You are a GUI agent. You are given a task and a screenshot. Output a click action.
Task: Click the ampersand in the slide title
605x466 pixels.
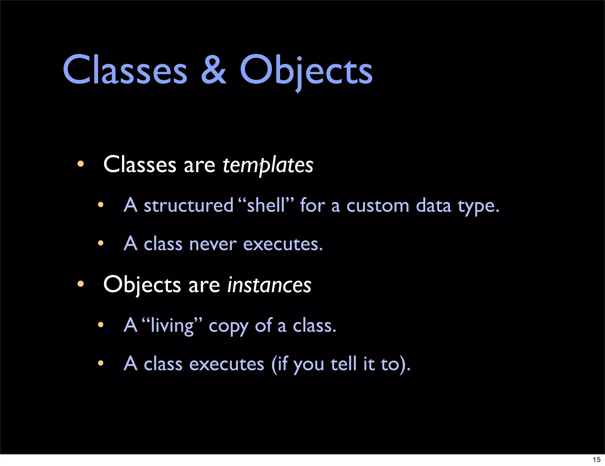click(x=214, y=70)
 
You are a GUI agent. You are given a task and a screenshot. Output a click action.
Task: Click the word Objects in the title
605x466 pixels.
click(x=306, y=71)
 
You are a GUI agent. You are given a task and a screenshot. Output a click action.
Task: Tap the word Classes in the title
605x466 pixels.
click(x=125, y=70)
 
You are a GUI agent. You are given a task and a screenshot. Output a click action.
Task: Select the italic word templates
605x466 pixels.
click(x=268, y=165)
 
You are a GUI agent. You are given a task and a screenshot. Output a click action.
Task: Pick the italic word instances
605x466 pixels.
click(x=269, y=285)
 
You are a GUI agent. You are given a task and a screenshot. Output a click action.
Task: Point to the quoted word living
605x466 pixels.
click(x=172, y=325)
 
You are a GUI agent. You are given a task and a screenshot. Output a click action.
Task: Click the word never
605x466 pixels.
click(x=213, y=244)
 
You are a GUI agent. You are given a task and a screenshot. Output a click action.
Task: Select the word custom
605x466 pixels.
click(x=378, y=206)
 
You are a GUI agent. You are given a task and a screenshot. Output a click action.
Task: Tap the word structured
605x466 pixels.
click(x=188, y=205)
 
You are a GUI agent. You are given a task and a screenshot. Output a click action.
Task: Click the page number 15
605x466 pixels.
click(x=596, y=459)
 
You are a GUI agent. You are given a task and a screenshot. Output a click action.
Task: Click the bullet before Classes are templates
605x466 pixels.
click(x=80, y=164)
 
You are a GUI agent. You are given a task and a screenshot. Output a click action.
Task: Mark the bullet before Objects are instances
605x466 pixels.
click(x=80, y=284)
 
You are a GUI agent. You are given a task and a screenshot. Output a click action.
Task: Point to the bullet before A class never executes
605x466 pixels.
click(x=101, y=243)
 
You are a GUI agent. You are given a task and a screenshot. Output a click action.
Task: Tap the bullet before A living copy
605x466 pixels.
click(x=101, y=325)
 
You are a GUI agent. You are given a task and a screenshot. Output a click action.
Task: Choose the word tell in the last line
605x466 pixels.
click(x=344, y=364)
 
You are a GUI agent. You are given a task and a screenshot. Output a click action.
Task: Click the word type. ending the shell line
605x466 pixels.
click(x=478, y=206)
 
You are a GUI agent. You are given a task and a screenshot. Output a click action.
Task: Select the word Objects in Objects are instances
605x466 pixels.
click(x=142, y=285)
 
